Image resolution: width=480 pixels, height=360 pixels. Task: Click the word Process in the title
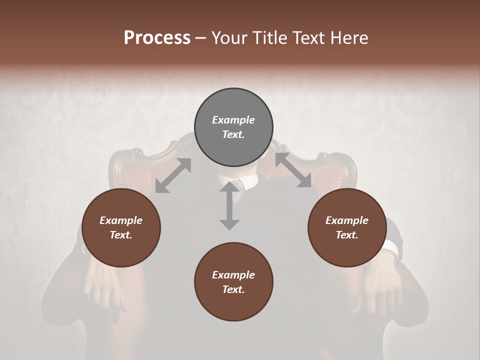click(157, 38)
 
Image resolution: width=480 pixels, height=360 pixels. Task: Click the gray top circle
click(233, 127)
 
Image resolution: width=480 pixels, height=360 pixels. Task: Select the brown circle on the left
click(121, 228)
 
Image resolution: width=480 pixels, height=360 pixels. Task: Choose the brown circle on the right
click(347, 228)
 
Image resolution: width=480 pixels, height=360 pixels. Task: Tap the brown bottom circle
click(233, 282)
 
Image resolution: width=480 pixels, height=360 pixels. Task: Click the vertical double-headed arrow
click(229, 206)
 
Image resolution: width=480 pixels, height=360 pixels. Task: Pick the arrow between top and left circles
click(173, 175)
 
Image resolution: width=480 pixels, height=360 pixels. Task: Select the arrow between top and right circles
click(293, 170)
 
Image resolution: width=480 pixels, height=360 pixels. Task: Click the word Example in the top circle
click(233, 120)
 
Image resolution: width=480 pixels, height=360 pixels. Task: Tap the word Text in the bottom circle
click(233, 290)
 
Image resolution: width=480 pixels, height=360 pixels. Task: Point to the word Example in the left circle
click(121, 220)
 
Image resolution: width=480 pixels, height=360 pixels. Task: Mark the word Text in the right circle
click(347, 235)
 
